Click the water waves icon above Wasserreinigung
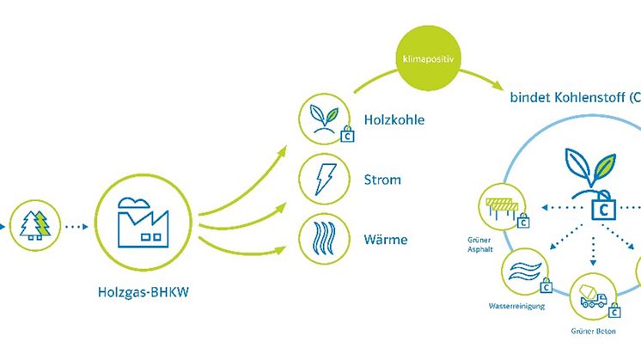tap(525, 273)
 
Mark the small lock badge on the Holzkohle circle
tap(347, 135)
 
